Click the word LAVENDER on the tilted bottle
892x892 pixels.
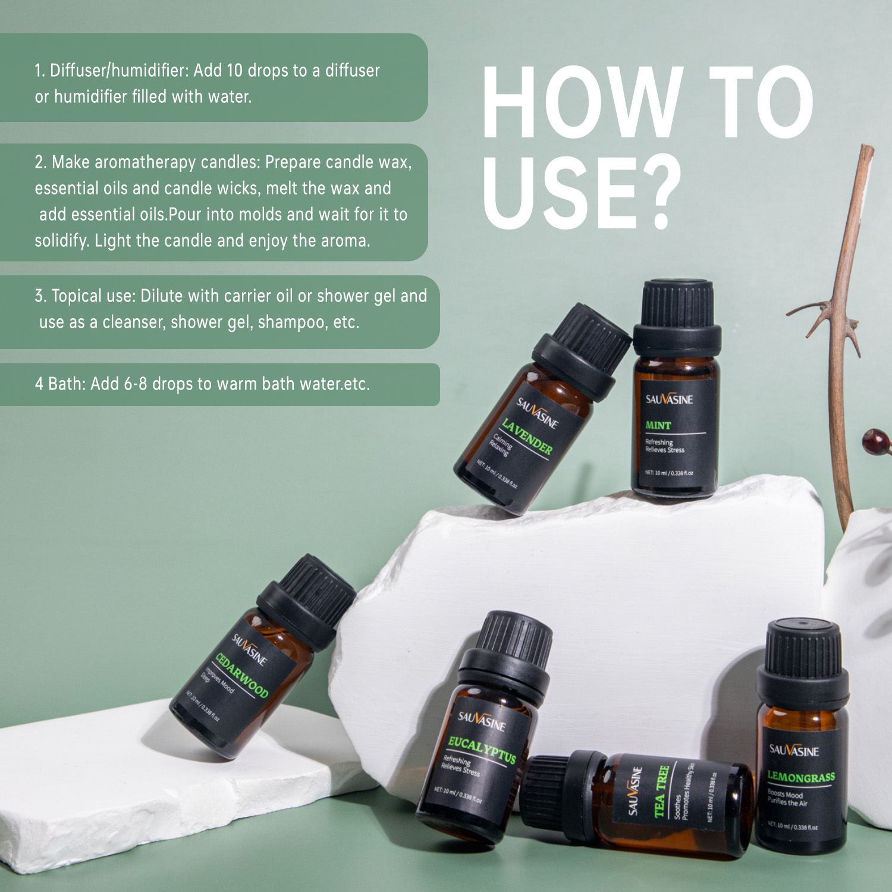[526, 436]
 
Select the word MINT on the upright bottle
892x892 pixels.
[658, 425]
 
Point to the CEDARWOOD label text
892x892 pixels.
[241, 675]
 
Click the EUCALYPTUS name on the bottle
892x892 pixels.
[482, 749]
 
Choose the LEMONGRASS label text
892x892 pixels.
[800, 777]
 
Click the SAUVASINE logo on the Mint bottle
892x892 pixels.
[669, 399]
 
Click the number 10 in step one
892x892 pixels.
[234, 71]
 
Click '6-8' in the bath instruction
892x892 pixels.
[135, 384]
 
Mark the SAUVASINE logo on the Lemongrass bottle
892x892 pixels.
[794, 750]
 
